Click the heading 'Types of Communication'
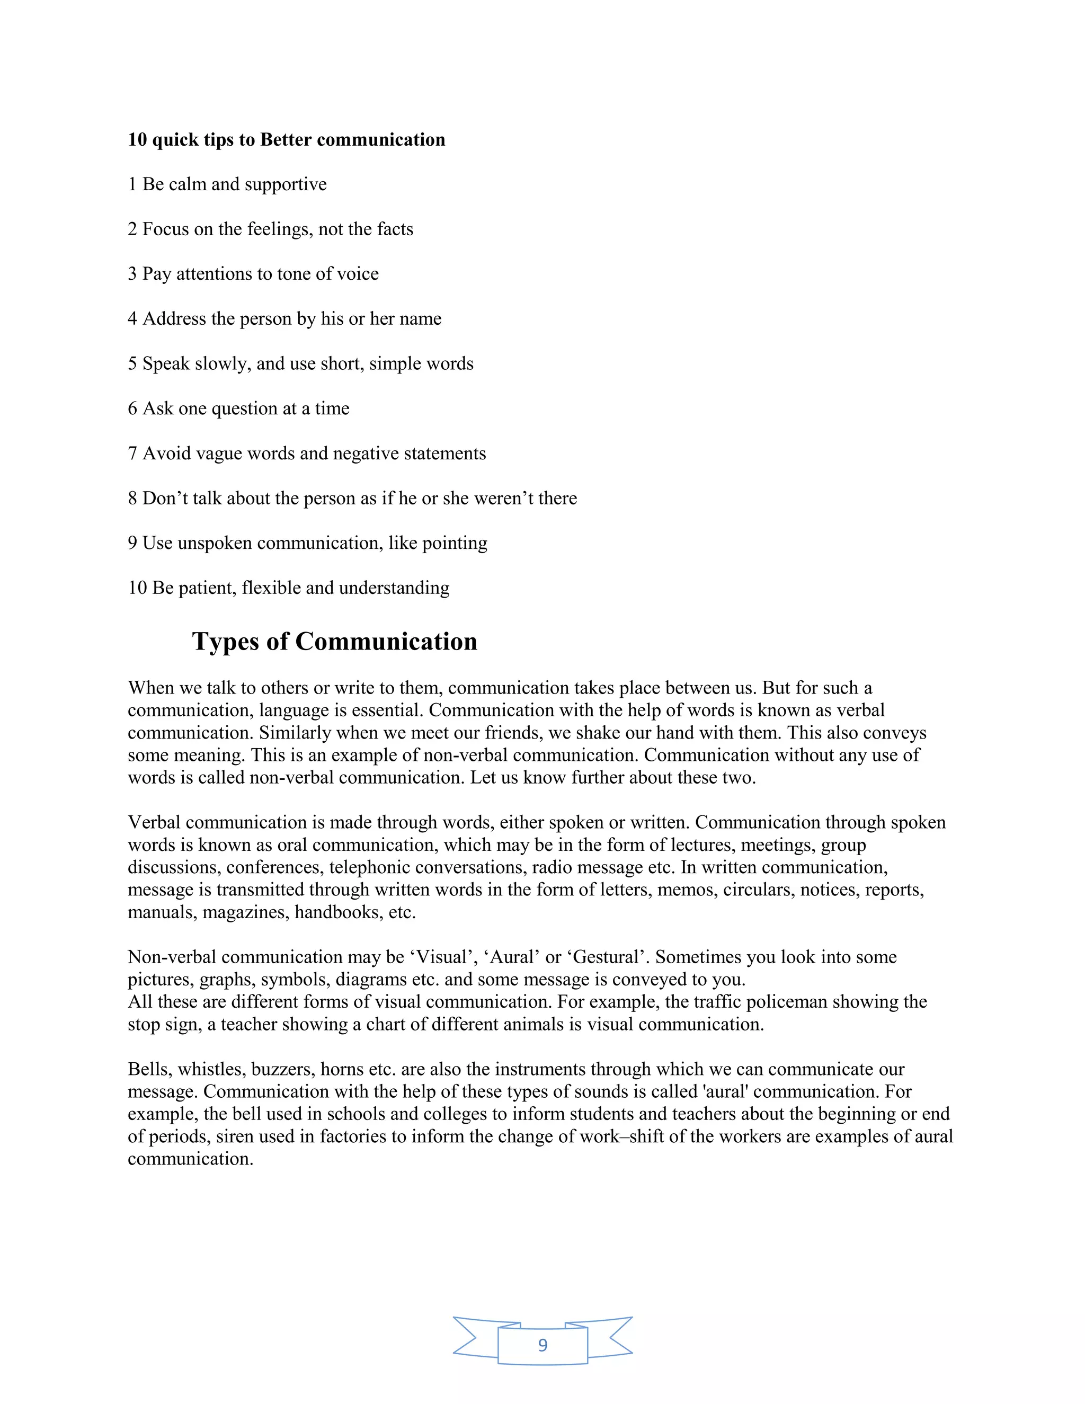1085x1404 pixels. pos(334,642)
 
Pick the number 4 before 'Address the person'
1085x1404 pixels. pos(132,319)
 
